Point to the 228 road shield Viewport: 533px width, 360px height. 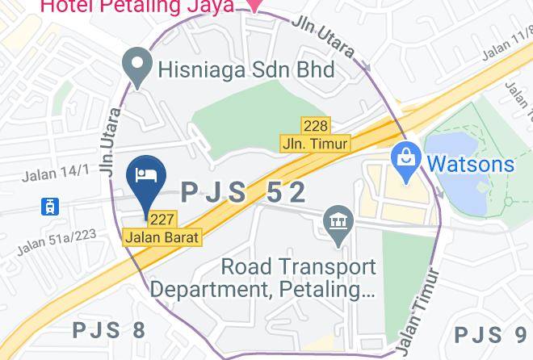[x=315, y=126]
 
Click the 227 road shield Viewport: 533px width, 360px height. [x=162, y=220]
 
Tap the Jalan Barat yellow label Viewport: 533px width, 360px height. [x=162, y=238]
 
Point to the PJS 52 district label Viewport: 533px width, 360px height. [x=243, y=192]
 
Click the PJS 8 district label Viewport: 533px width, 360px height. [x=109, y=330]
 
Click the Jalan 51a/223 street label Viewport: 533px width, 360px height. [x=57, y=241]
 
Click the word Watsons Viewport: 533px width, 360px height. [x=469, y=164]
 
